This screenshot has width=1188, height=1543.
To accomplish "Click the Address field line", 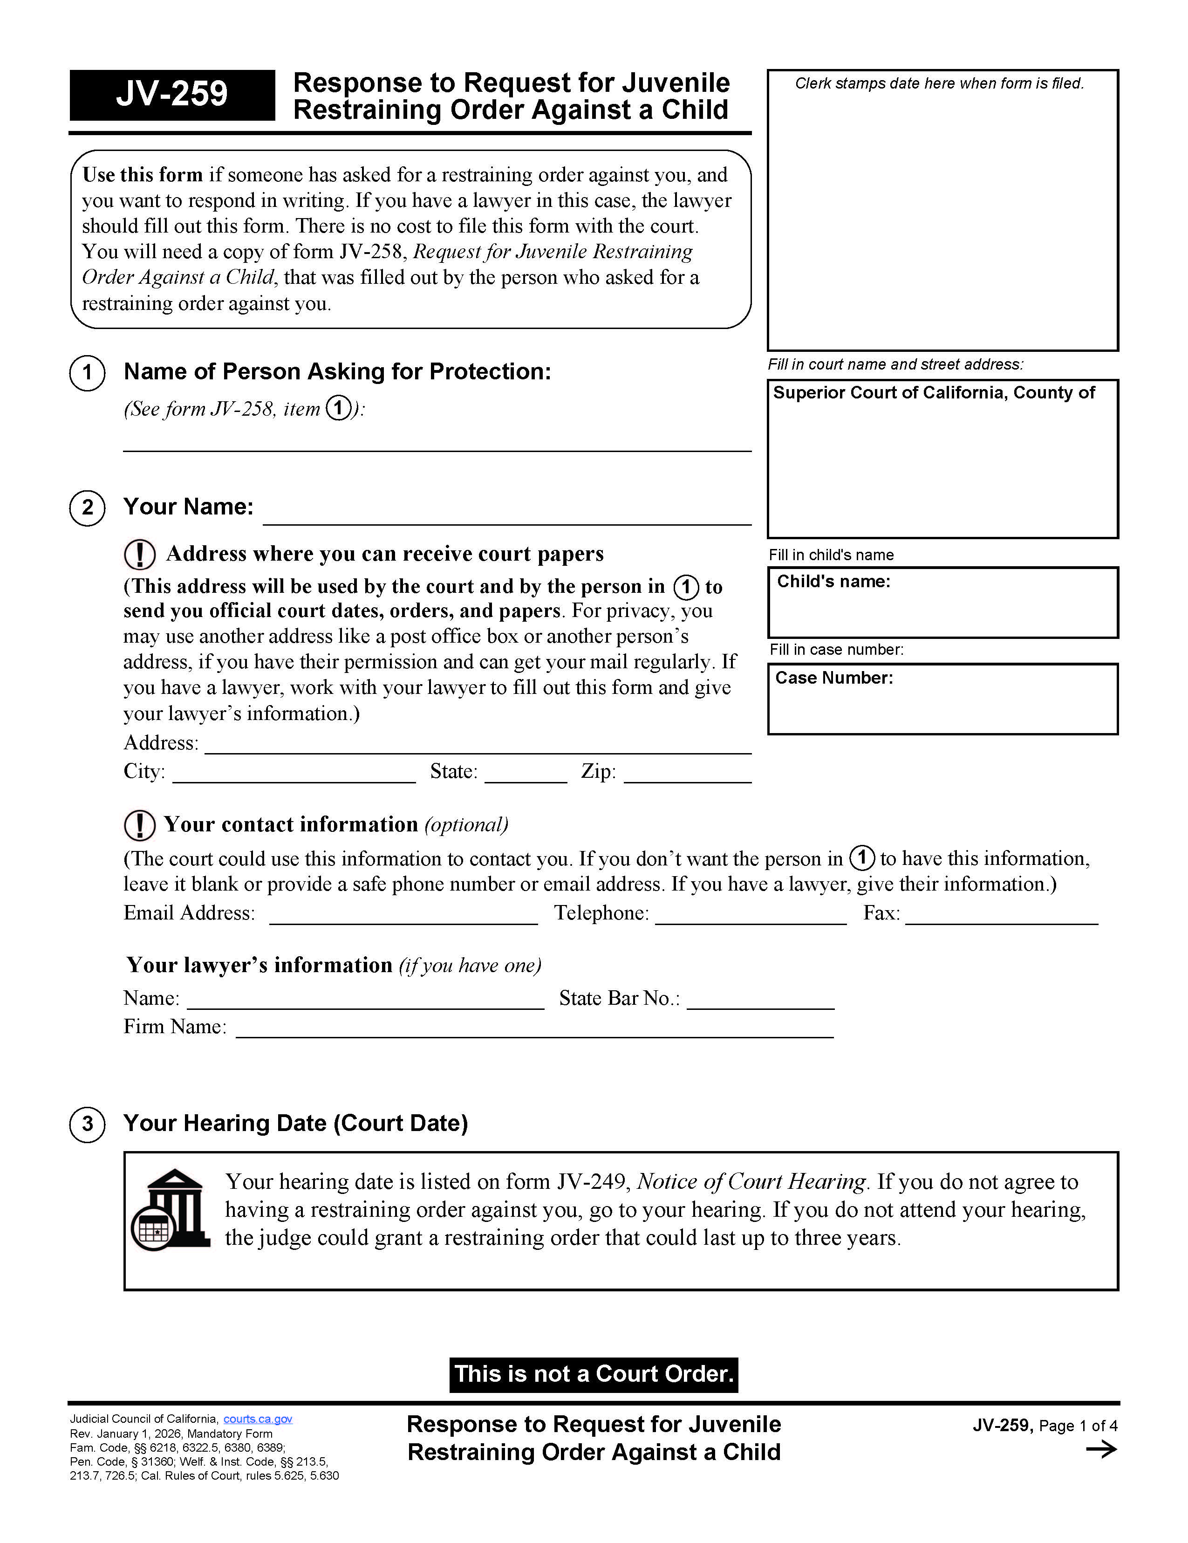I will [x=478, y=745].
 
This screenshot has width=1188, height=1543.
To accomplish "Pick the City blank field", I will [x=294, y=773].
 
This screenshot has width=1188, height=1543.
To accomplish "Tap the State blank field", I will [x=526, y=773].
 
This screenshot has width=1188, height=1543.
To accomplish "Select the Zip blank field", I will [x=687, y=773].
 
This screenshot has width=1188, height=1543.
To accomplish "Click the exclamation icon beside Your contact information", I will [x=139, y=825].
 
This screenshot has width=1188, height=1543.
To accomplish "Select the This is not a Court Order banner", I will [x=593, y=1374].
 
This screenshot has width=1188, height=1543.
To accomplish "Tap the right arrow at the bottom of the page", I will [x=1101, y=1450].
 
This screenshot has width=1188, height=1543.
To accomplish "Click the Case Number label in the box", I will [x=833, y=678].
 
